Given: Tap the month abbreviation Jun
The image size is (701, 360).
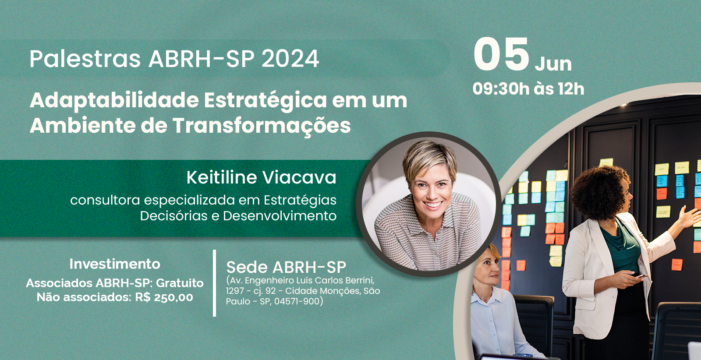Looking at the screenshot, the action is [x=553, y=64].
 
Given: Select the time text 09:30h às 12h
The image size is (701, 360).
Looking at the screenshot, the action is [x=528, y=89].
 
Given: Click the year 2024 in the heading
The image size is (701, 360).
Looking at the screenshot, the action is [x=290, y=59].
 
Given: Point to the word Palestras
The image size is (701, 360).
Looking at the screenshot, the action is [x=85, y=59].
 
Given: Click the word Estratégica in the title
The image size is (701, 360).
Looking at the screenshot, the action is [x=266, y=101].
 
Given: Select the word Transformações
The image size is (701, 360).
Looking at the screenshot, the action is [x=262, y=126].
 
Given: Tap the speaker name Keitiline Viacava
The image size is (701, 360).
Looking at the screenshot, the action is [x=261, y=177].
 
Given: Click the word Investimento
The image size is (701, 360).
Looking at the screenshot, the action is [x=115, y=264].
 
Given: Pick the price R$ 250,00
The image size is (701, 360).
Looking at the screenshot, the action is [x=164, y=297].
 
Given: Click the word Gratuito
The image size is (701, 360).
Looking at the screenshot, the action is [x=180, y=283].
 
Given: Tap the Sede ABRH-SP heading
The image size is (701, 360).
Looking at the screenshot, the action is [x=286, y=268].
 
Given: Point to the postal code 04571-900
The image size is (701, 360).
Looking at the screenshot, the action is [x=297, y=301].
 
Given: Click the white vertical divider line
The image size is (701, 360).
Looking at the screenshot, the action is [x=214, y=283].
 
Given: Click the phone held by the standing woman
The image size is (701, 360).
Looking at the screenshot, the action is [x=640, y=276].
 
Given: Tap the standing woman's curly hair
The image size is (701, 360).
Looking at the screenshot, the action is [x=599, y=191].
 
